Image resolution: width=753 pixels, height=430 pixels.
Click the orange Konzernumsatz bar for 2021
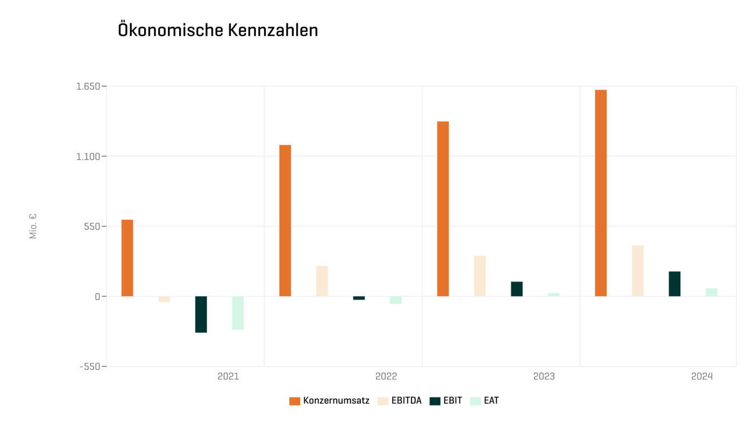coord(127,258)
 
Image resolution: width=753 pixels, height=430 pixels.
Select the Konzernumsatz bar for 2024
coord(601,193)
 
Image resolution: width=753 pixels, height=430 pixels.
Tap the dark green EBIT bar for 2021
coord(201,314)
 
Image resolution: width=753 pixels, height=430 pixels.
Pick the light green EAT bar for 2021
coord(238,313)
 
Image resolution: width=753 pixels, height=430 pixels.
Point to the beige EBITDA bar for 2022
coord(322,281)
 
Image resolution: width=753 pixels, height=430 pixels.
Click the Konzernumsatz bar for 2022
coord(285,220)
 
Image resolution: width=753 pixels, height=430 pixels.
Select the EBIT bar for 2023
coord(517,289)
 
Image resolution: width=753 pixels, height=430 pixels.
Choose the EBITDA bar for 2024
coord(638,271)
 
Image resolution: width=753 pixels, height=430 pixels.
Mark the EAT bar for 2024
coord(712,292)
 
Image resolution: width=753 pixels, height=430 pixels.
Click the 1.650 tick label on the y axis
coord(88,87)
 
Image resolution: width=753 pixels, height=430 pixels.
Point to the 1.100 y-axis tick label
coord(88,156)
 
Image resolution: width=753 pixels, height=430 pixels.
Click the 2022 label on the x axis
coord(386,376)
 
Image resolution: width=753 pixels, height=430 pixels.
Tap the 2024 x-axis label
coord(702,376)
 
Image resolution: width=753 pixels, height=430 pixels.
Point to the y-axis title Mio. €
coord(33,226)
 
